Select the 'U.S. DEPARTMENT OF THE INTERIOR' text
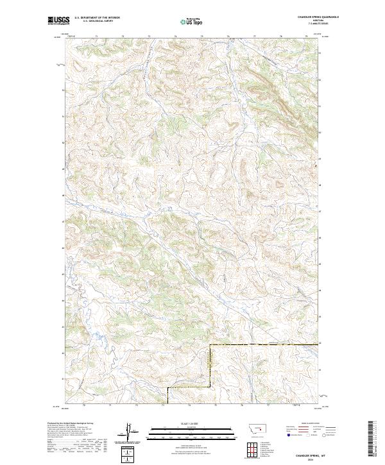tap(97, 18)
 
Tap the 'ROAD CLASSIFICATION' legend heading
tap(310, 424)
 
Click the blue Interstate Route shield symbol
tap(287, 434)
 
